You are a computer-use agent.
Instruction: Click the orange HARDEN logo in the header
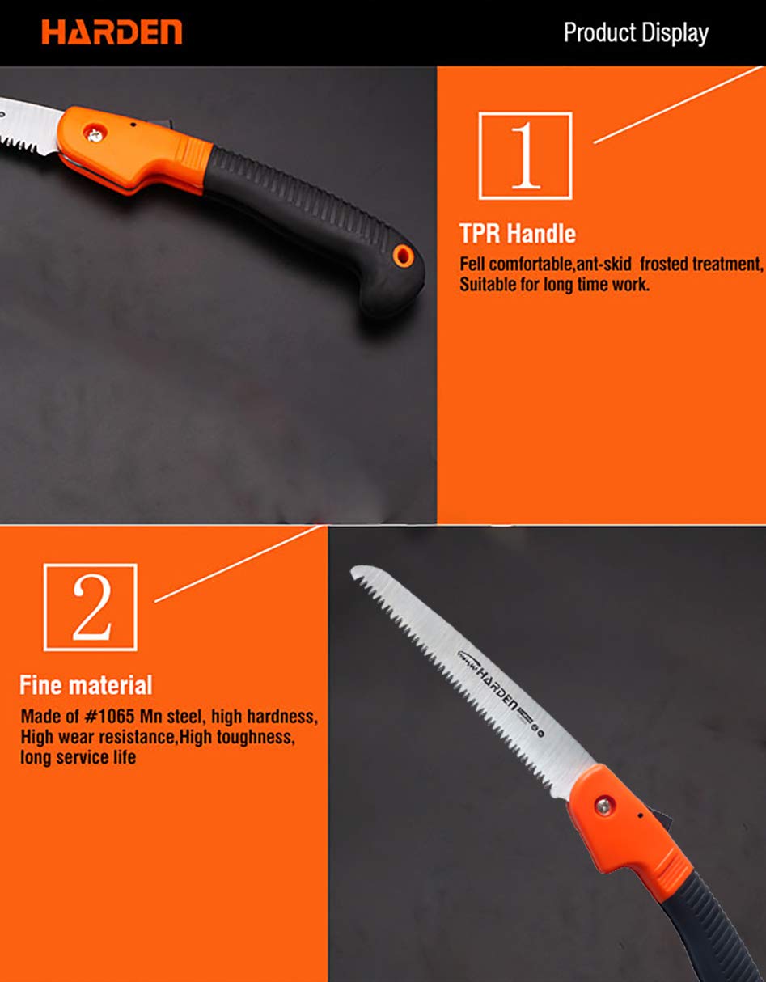point(112,32)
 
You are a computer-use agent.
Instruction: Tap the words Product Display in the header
point(636,33)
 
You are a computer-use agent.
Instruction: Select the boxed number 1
point(525,155)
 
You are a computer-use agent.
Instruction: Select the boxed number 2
point(91,607)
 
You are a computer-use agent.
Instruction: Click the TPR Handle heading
point(518,234)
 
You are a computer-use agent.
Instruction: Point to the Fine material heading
point(86,685)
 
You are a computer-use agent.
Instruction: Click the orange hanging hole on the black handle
point(403,256)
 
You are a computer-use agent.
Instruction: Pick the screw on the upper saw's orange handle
point(95,134)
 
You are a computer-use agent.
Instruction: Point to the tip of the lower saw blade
point(353,569)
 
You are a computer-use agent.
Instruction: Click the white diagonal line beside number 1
point(678,105)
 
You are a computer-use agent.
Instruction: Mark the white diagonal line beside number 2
point(239,564)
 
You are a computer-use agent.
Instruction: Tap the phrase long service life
point(78,757)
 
